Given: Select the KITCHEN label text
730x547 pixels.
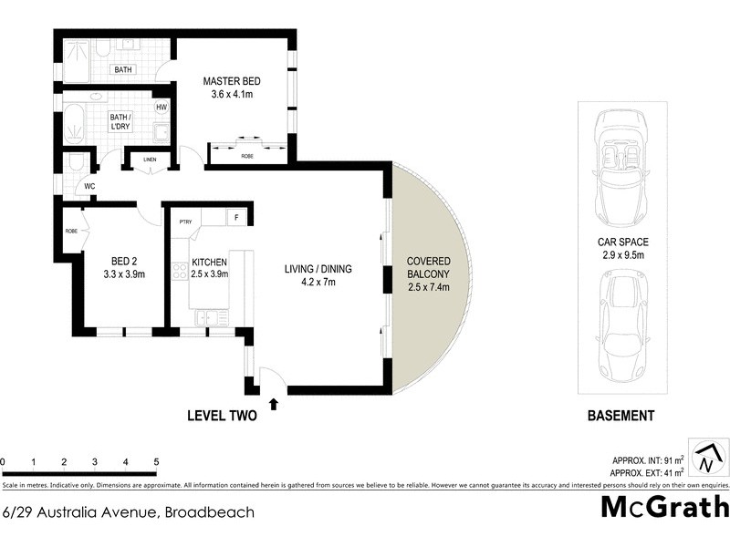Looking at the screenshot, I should pos(209,263).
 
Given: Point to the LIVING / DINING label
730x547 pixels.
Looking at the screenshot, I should pos(318,268).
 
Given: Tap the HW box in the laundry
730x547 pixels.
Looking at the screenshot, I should pos(161,108).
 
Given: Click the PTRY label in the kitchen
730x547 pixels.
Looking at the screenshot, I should pos(185,220).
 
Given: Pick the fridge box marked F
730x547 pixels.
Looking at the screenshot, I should pos(237,218).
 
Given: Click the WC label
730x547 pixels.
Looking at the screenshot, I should pos(90,187).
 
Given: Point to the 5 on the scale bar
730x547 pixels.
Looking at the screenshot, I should pos(156,461).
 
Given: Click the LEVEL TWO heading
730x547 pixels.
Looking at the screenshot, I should pos(222,416).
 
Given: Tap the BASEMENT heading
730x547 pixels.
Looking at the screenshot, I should pos(620,416).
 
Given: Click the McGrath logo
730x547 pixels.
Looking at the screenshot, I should pos(664,508).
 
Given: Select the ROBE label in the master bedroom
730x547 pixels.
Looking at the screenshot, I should pos(247,157).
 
